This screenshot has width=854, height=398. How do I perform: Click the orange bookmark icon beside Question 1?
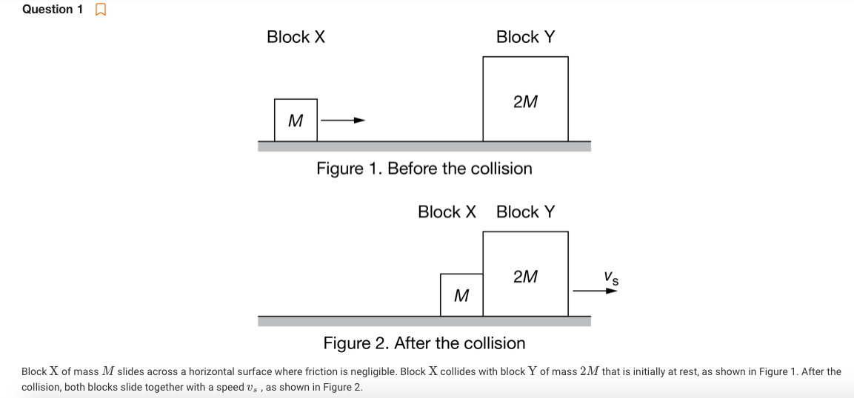click(x=101, y=10)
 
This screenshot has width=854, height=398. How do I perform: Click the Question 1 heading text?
click(x=53, y=10)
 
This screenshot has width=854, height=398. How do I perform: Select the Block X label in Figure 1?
click(x=296, y=37)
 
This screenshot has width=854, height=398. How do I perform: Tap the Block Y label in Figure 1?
click(x=525, y=37)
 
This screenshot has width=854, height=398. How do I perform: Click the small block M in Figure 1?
click(x=296, y=120)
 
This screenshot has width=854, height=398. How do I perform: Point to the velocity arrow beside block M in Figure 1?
click(x=343, y=120)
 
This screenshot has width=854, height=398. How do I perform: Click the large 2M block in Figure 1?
click(x=525, y=99)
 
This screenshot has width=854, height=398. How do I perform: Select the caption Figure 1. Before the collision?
click(x=424, y=169)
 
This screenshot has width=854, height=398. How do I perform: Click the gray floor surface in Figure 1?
click(x=424, y=146)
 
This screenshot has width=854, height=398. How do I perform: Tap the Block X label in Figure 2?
click(x=447, y=212)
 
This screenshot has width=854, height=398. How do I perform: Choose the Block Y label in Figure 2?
click(x=525, y=212)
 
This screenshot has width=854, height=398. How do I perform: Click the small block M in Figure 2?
click(x=461, y=295)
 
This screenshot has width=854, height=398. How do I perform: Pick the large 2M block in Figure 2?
click(x=525, y=274)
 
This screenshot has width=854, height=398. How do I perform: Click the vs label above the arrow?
click(x=611, y=278)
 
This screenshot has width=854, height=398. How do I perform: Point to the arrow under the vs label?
click(x=595, y=291)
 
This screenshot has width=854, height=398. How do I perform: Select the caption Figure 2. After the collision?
click(x=424, y=343)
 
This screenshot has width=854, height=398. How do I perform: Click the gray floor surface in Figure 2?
click(x=424, y=321)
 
